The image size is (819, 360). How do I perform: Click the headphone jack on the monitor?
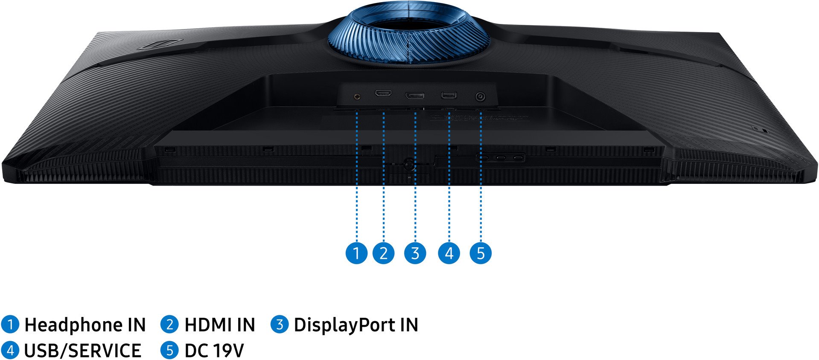tap(357, 96)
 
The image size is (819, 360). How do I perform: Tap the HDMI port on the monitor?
tap(383, 93)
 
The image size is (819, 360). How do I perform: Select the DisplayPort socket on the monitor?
tap(415, 95)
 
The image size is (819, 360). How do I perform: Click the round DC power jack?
tap(481, 97)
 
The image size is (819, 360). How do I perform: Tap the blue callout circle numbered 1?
tap(356, 253)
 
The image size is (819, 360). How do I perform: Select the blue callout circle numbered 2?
tap(383, 253)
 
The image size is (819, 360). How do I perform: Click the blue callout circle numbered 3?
tap(415, 253)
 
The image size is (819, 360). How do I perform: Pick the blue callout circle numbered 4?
tap(449, 253)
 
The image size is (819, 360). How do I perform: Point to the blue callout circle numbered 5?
tap(481, 253)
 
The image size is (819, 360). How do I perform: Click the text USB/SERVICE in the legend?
tap(82, 351)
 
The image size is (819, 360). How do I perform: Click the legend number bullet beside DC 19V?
tap(169, 350)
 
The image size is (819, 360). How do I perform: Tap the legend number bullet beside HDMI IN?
tap(169, 325)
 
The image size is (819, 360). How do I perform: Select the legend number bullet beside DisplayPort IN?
tap(280, 325)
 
